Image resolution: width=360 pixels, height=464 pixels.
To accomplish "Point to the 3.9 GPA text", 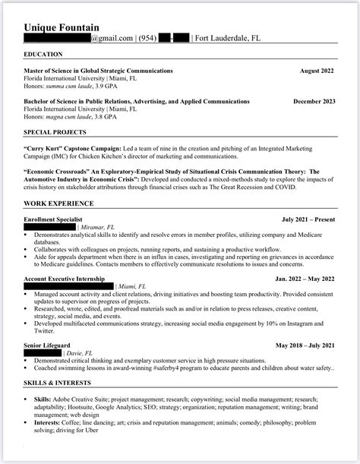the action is tap(114, 86).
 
